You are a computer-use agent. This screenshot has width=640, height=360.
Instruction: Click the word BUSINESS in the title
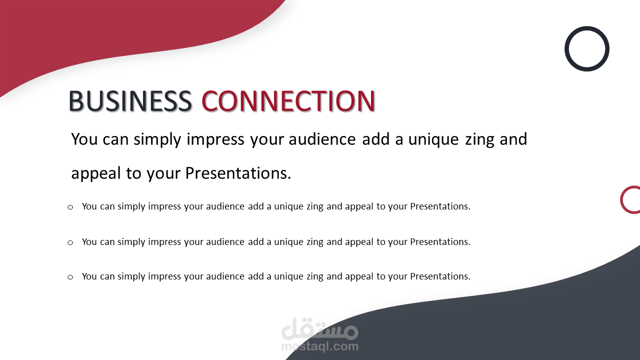130,100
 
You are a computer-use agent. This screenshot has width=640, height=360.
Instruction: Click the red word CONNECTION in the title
288,100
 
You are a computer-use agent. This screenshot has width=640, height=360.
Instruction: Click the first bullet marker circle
70,207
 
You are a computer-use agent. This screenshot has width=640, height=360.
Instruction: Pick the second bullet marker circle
70,243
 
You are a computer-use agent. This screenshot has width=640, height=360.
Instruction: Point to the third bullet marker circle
70,277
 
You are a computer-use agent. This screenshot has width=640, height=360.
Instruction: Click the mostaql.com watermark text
319,346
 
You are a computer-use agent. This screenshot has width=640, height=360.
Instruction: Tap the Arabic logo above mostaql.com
319,328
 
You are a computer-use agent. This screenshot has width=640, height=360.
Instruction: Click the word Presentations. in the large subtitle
238,173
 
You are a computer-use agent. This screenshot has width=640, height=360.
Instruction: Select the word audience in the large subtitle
322,139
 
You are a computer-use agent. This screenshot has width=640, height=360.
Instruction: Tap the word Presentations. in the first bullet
440,206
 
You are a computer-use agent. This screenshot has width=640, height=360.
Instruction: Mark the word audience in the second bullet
225,241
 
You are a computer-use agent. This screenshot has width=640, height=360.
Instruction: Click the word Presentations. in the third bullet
440,276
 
